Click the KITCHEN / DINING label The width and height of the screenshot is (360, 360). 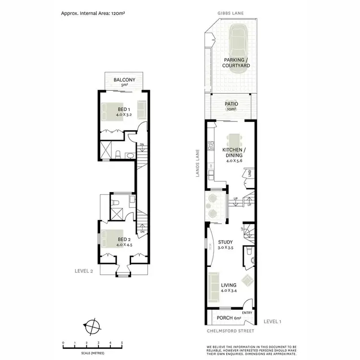pos(231,153)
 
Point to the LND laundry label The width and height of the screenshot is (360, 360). pos(250,173)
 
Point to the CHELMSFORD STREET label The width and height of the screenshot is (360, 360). pos(231,331)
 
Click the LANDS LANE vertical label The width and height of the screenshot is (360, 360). pos(198,164)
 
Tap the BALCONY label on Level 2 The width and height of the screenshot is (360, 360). pos(124,80)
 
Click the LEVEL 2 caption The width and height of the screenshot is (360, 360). pos(84,271)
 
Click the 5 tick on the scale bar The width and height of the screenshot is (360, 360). pos(122,342)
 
